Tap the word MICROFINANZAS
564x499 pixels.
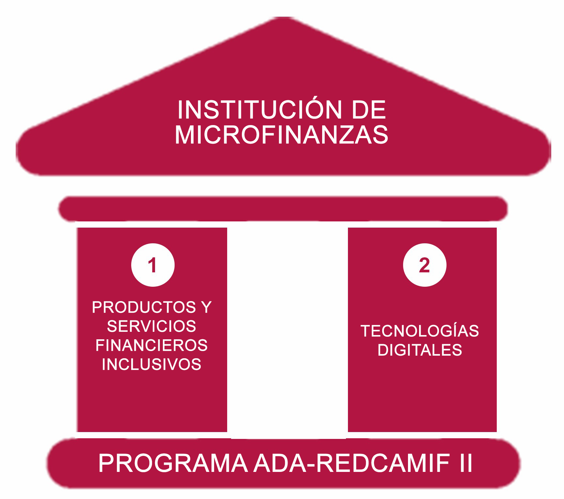pyautogui.click(x=282, y=135)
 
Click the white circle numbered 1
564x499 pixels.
pyautogui.click(x=153, y=265)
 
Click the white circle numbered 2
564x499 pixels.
pyautogui.click(x=424, y=265)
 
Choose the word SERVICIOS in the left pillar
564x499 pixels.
pyautogui.click(x=152, y=326)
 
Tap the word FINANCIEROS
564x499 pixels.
pyautogui.click(x=152, y=346)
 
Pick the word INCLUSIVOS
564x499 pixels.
pyautogui.click(x=152, y=364)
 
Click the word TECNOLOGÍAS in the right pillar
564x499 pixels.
pyautogui.click(x=420, y=331)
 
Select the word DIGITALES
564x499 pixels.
pyautogui.click(x=420, y=350)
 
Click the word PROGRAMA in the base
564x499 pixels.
pyautogui.click(x=173, y=463)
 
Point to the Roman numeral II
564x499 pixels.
pyautogui.click(x=466, y=463)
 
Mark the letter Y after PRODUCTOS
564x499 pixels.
pyautogui.click(x=207, y=307)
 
